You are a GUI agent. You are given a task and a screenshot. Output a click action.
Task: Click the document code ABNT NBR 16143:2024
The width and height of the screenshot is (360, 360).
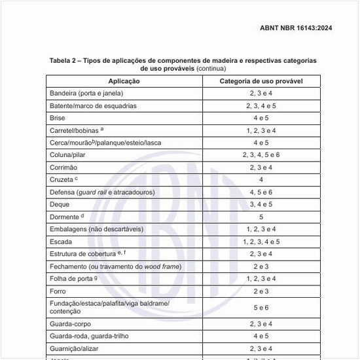(x=296, y=28)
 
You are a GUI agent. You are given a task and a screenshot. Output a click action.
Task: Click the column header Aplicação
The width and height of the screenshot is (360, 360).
(x=124, y=81)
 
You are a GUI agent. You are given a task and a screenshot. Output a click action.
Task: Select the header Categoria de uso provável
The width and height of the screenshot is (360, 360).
(x=261, y=81)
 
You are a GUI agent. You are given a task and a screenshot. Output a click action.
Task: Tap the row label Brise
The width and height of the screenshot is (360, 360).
(x=58, y=118)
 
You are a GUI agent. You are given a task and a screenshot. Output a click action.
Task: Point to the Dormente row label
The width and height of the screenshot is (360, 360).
(x=65, y=217)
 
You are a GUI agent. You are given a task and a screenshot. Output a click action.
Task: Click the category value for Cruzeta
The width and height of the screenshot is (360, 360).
(x=261, y=179)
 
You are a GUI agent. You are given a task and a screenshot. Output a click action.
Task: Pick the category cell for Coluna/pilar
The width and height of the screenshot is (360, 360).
(x=261, y=155)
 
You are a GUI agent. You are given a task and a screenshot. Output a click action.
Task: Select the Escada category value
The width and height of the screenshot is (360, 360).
(x=261, y=242)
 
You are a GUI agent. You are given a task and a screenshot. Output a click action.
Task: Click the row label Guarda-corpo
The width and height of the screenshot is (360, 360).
(x=71, y=324)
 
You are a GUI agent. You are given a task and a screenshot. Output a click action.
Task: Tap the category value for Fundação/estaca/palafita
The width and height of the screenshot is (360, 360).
(x=261, y=308)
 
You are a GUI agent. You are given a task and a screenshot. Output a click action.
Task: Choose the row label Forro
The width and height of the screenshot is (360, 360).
(x=58, y=291)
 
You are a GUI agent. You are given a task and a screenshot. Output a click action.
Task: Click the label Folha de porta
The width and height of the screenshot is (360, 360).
(x=71, y=279)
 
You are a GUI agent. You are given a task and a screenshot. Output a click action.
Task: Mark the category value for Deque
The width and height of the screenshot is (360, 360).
(x=261, y=204)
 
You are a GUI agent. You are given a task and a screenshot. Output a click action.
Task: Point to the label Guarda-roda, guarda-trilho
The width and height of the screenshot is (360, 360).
(x=89, y=336)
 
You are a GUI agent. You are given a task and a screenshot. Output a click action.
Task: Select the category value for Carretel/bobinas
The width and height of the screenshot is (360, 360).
(x=261, y=130)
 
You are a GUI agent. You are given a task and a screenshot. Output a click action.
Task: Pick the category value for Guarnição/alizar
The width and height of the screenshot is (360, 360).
(x=261, y=349)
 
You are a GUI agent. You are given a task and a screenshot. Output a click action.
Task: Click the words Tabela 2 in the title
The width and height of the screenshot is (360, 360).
(x=64, y=60)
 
